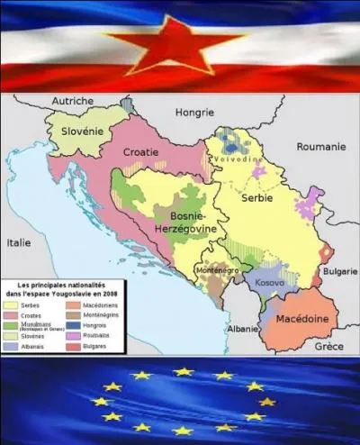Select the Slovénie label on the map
pos(89,132)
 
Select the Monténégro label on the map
pos(218,268)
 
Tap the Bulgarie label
pos(340,271)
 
